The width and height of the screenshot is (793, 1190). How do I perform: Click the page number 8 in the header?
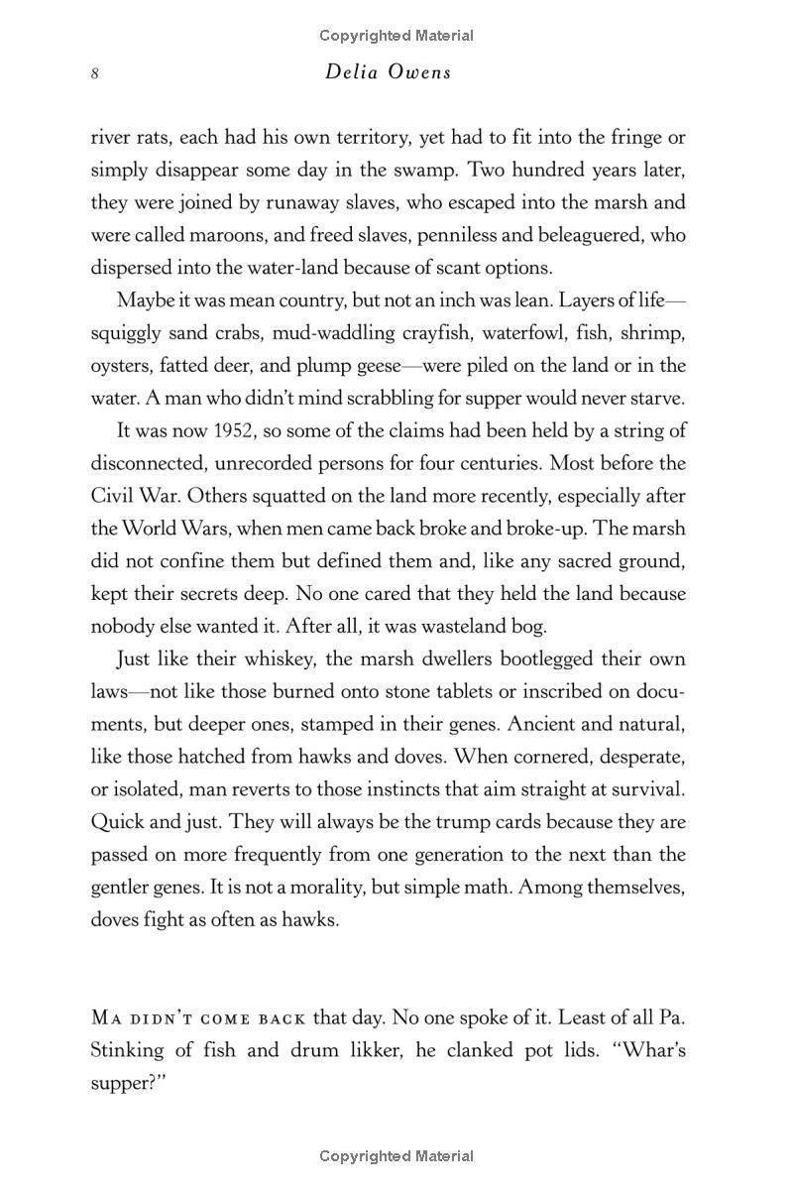95,73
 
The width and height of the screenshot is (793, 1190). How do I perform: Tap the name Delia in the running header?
351,72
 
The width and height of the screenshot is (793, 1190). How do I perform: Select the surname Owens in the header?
418,72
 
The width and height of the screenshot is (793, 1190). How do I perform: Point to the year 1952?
185,430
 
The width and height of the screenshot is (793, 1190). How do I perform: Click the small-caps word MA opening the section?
105,1017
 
